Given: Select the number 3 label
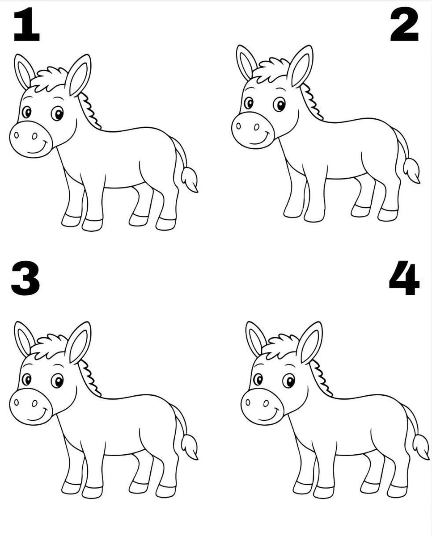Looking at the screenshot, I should coord(25,280).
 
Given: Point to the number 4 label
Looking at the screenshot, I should coord(404,280).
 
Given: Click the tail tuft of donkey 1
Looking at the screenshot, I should coord(189,179).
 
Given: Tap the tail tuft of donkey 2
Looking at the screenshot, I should coord(411,170).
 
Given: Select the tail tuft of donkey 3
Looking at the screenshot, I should coord(189,446).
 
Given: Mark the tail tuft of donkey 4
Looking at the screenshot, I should coord(421,446).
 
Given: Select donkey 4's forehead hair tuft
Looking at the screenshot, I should coord(283,347).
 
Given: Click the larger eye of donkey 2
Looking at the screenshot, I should coord(280,104).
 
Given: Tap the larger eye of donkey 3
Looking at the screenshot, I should coord(57,381).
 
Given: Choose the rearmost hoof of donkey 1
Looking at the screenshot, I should coord(166,223).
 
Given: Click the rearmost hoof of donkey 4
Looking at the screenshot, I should coord(397,490).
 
